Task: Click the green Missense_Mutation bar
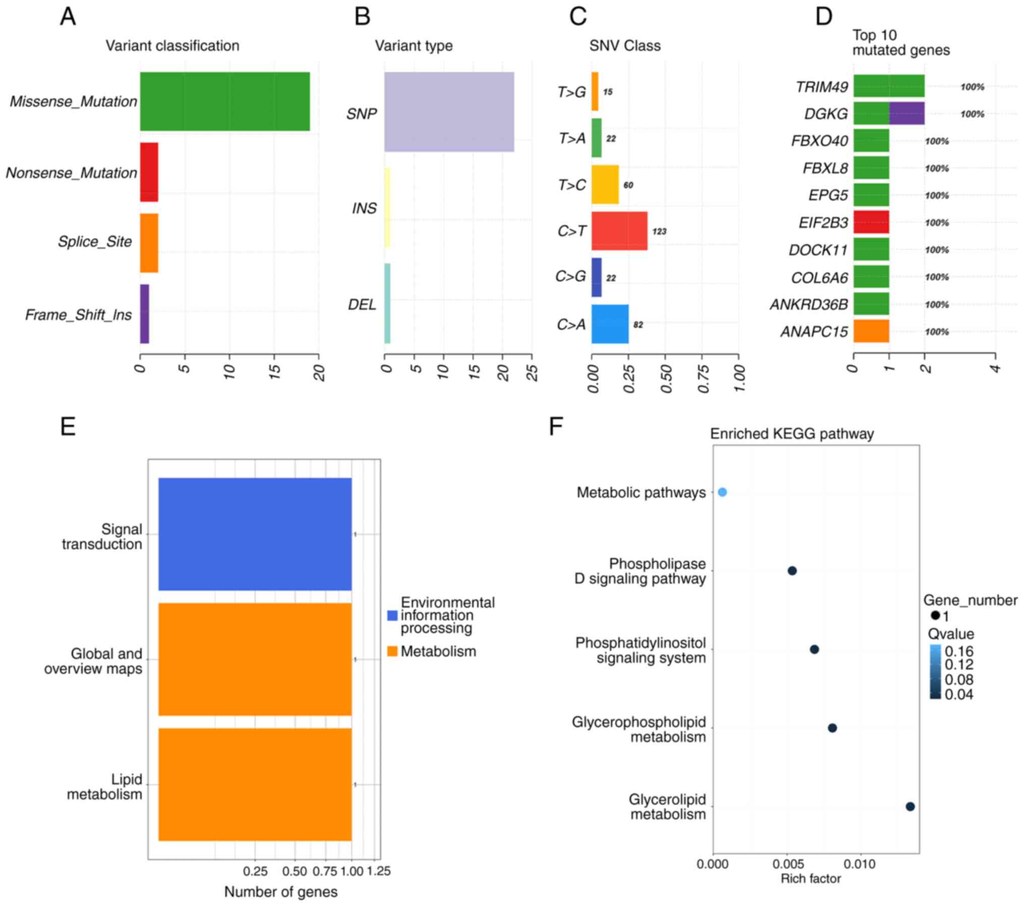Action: pos(225,101)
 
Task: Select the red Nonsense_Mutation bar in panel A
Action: pos(149,172)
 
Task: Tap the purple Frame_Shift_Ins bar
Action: pos(145,314)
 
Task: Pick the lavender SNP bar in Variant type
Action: pos(449,112)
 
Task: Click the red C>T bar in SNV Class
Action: pos(619,231)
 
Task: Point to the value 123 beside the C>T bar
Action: pos(659,231)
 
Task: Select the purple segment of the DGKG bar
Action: pos(907,113)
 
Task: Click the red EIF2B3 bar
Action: pos(871,222)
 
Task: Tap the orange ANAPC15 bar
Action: pos(871,331)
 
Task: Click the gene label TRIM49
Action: pos(822,87)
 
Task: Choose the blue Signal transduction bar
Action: pos(255,534)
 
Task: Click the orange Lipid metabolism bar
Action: pos(255,784)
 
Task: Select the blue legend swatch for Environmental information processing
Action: pos(392,615)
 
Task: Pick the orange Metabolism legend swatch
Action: pos(392,651)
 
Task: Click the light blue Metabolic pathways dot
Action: pos(722,492)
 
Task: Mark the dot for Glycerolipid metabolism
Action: pos(910,806)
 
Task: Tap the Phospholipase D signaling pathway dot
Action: pos(792,571)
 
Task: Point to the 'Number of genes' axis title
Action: pos(281,891)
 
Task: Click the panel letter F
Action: pos(556,426)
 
